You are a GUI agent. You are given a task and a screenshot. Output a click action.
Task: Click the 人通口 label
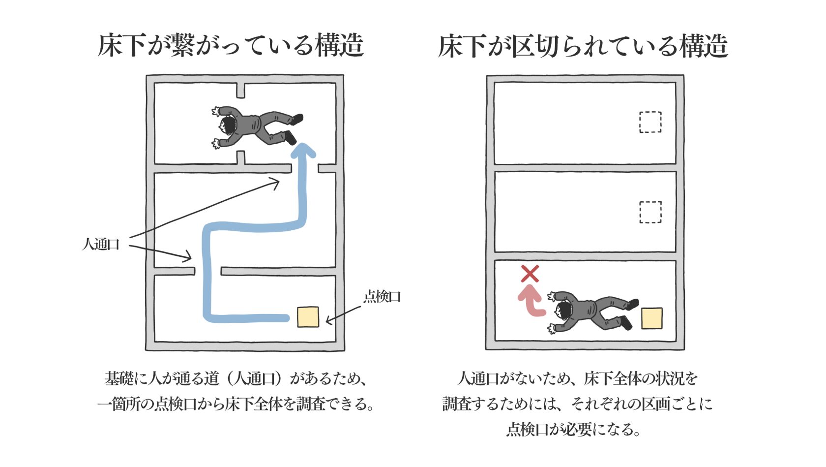click(x=101, y=244)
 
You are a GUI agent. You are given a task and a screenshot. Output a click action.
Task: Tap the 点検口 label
click(x=382, y=296)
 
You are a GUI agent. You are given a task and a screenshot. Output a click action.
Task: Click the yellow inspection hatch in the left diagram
click(x=308, y=317)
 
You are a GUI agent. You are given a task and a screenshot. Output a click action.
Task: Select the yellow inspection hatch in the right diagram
click(x=651, y=318)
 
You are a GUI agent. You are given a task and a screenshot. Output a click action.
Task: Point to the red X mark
click(x=530, y=274)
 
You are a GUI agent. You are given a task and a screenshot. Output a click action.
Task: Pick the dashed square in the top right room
click(x=650, y=122)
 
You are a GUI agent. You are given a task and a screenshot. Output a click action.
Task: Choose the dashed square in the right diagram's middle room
click(x=650, y=212)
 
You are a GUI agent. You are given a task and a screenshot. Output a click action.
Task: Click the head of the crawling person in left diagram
click(x=228, y=125)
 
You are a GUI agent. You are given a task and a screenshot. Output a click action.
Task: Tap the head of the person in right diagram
click(x=563, y=311)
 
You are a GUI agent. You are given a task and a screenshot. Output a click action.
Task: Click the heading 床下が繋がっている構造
click(x=230, y=46)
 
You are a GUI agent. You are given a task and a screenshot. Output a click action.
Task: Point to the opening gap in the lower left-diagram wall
click(x=207, y=271)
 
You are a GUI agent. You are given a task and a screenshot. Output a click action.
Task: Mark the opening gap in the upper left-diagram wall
click(x=305, y=169)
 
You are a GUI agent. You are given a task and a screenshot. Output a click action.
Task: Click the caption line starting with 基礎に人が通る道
click(x=236, y=378)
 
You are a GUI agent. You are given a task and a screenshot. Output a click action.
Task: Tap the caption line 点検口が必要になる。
click(x=573, y=430)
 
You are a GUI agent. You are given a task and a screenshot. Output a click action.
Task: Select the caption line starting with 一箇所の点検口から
click(x=236, y=404)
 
